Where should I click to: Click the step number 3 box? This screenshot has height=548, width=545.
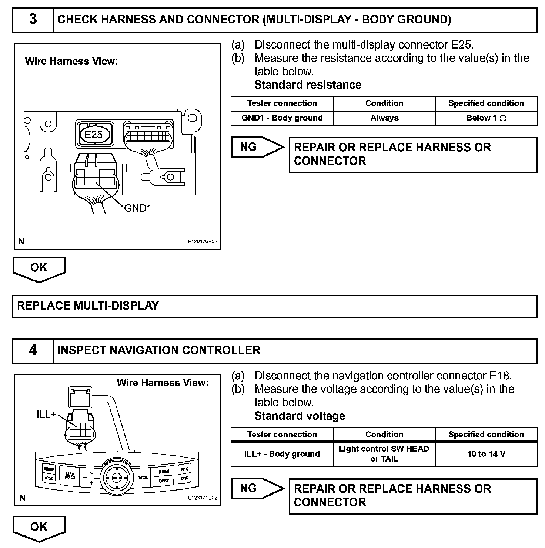33,20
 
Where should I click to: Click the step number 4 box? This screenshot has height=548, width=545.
33,350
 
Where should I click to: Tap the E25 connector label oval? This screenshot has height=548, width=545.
94,134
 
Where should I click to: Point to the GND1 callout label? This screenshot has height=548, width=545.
138,208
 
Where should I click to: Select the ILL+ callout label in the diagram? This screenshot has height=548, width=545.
46,414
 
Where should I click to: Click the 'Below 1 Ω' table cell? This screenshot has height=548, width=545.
486,118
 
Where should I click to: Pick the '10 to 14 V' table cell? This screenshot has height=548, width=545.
486,454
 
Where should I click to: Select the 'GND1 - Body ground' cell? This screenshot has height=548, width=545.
282,118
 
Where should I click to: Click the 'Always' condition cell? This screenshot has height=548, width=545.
384,118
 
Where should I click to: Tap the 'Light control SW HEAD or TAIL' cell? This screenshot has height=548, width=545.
384,454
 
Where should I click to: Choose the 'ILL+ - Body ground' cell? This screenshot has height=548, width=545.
282,454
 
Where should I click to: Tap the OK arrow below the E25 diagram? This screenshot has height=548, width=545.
39,268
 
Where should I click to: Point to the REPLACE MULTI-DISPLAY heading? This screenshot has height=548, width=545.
88,306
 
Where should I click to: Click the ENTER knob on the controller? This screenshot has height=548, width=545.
117,478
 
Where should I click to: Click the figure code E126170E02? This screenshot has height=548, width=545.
202,242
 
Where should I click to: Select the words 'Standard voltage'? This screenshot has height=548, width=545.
300,416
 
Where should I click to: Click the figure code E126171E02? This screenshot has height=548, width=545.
202,498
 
